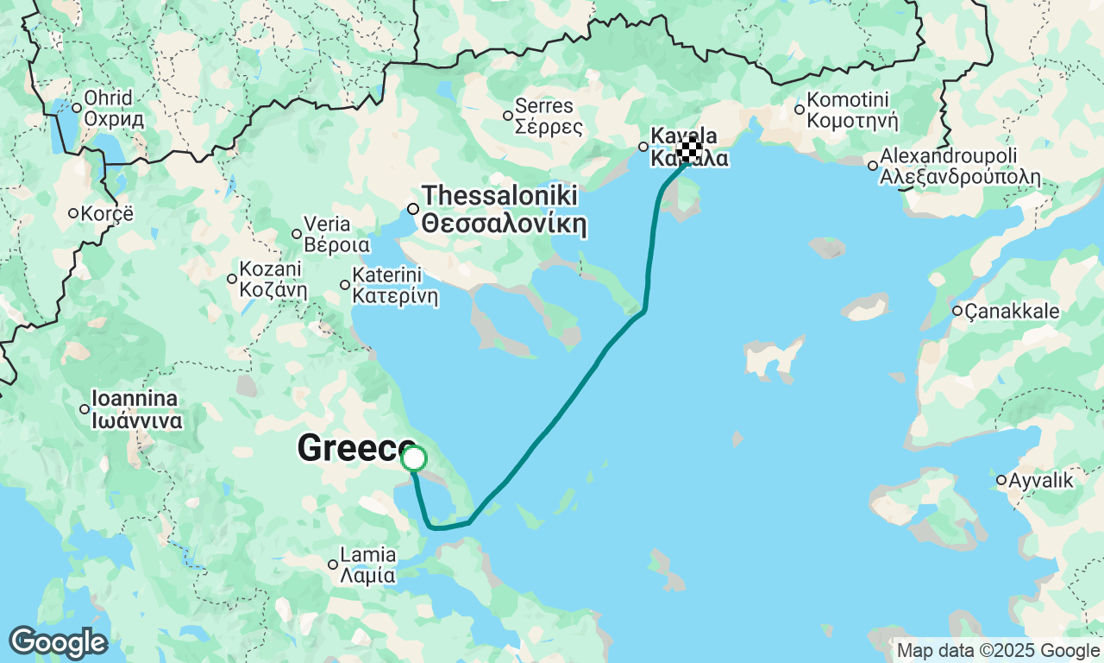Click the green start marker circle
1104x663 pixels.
tap(414, 458)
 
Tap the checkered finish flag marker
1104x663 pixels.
tap(688, 150)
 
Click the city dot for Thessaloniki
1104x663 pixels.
tap(413, 208)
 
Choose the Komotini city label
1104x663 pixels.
tap(852, 110)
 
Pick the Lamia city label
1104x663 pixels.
tap(368, 565)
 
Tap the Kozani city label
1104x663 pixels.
tap(273, 278)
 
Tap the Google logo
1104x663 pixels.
tap(58, 643)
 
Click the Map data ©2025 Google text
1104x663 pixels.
tap(997, 651)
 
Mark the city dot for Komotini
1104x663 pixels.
tap(800, 109)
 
